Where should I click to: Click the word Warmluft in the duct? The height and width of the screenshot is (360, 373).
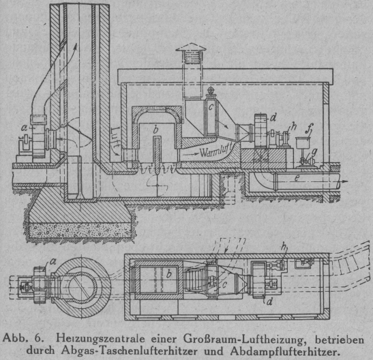216,151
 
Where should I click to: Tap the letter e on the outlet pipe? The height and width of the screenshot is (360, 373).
297,178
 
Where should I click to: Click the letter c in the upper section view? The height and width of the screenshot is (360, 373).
211,108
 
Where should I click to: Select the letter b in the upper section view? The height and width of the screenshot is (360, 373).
155,130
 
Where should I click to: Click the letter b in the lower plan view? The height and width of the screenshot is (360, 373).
169,274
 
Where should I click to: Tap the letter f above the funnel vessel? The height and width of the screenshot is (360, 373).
311,129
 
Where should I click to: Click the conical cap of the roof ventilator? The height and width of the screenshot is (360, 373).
191,47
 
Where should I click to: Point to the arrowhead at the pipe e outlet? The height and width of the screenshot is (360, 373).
345,181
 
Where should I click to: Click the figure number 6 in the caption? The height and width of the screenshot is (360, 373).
38,338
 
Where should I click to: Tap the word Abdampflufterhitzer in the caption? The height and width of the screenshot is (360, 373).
284,351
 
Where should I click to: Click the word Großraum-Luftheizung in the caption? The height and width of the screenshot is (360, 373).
244,340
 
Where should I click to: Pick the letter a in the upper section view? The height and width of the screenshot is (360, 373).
25,128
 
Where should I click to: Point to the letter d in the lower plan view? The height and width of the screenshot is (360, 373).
269,302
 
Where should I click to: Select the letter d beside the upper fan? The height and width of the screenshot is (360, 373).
273,118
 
